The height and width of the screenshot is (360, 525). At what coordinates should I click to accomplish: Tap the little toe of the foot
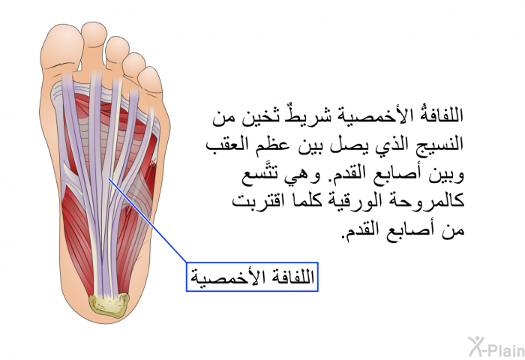pos(150,81)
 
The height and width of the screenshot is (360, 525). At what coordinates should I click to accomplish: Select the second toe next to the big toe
pos(94,43)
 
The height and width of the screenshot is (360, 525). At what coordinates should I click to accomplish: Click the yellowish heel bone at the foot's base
pos(109,304)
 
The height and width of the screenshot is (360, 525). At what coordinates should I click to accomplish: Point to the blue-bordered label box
pos(252,277)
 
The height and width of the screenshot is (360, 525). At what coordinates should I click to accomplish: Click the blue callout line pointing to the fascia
pos(147,220)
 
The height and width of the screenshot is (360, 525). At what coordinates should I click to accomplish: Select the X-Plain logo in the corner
pos(496,347)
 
